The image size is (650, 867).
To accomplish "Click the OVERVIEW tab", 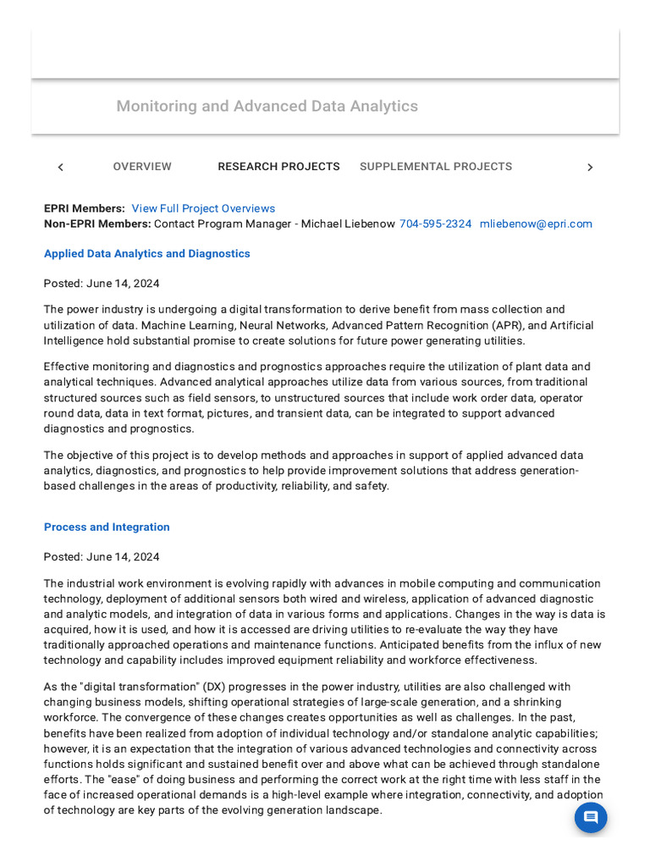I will (142, 167).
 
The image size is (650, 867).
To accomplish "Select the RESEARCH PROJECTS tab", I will (278, 167).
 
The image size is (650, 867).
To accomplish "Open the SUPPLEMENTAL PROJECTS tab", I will (436, 167).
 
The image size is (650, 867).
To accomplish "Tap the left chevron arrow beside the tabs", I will (60, 168).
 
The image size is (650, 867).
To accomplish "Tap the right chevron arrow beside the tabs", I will (590, 168).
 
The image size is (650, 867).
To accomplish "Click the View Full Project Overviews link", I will (203, 208).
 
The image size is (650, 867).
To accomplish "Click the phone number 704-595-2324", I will (435, 224).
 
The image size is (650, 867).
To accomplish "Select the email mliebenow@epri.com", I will (536, 224).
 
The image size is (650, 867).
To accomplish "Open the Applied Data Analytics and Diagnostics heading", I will (147, 253).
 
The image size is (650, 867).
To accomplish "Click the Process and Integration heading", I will (107, 527).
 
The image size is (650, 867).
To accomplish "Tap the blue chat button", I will (591, 817).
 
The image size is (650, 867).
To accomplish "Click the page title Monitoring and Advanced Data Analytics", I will (267, 106).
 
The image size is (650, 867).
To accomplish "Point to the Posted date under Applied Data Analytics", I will (102, 284).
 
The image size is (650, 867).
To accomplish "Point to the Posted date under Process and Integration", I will (102, 557).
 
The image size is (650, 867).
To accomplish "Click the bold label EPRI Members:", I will (85, 208).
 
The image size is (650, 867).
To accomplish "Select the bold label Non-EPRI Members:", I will (97, 224).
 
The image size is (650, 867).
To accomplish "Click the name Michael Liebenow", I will (347, 224).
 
